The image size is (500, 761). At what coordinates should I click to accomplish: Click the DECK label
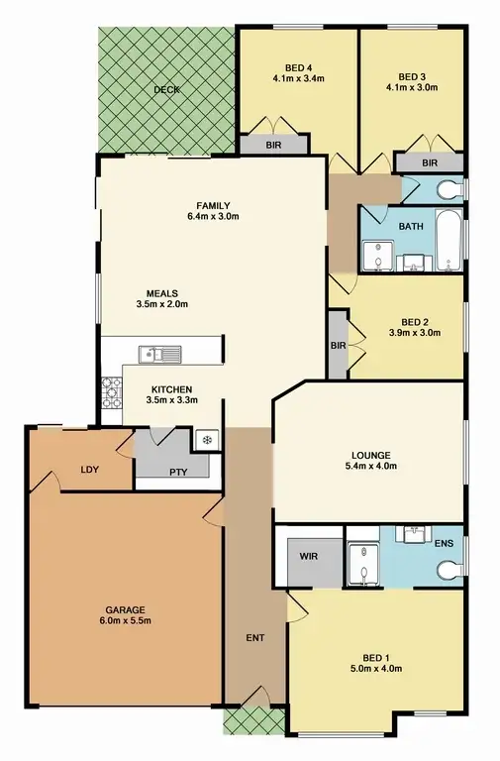165,90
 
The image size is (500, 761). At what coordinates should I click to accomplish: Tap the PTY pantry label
178,472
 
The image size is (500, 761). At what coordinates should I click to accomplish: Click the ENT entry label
254,637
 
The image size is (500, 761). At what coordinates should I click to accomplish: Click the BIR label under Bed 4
274,145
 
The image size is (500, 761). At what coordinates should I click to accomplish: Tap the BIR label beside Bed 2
338,346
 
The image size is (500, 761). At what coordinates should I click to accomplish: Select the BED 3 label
411,76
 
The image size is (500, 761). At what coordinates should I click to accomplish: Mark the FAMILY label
213,204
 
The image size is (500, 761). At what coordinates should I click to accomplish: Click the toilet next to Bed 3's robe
450,187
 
